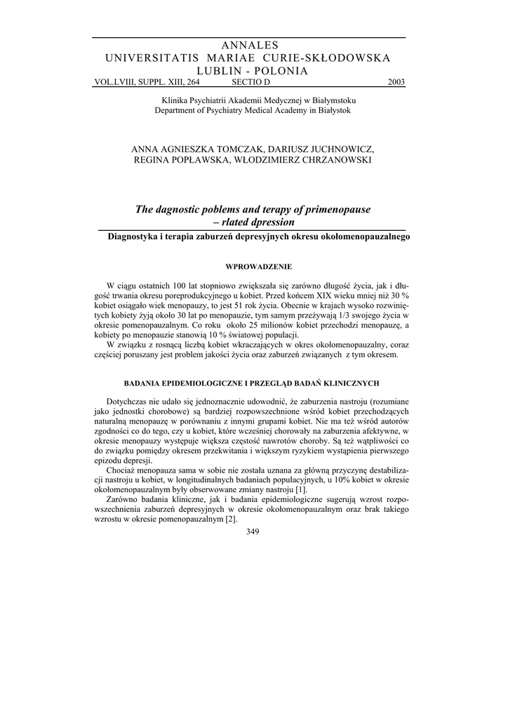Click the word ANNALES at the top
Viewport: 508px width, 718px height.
(x=250, y=46)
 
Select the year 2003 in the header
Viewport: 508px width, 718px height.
(x=396, y=82)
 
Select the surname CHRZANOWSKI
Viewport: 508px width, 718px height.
(x=332, y=160)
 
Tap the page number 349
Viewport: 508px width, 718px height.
(x=253, y=531)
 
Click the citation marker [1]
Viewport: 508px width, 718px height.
(x=301, y=489)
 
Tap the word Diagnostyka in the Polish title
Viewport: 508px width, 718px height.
(x=134, y=237)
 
